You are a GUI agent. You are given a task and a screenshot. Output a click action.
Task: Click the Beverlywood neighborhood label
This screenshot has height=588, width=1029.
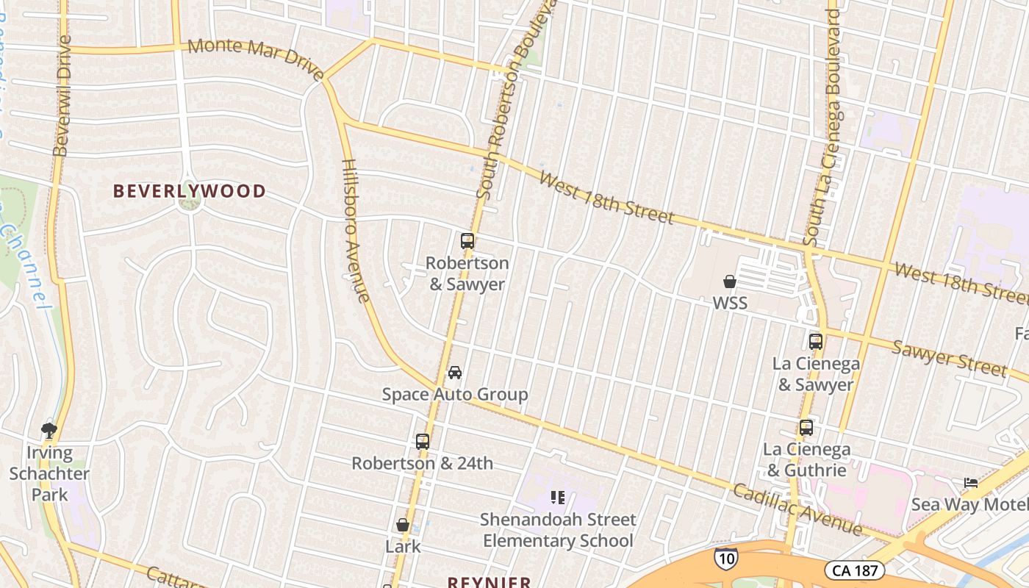(189, 191)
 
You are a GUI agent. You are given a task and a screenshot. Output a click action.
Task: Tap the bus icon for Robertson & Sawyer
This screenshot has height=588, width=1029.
(467, 240)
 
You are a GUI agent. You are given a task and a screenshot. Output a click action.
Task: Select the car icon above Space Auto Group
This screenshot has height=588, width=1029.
(455, 373)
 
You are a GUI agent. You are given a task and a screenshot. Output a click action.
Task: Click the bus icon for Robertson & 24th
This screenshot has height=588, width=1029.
(422, 442)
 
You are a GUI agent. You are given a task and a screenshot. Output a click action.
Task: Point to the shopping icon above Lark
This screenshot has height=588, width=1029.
(402, 525)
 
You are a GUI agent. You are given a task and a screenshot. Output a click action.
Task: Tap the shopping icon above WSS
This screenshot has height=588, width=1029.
(730, 282)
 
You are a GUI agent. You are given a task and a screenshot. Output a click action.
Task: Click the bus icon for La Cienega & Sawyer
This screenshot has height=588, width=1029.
(815, 342)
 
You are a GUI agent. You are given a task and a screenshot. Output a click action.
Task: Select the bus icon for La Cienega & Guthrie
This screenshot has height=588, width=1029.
(806, 428)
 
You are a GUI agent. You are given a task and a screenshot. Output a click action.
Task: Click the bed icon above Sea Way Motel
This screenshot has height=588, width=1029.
(971, 483)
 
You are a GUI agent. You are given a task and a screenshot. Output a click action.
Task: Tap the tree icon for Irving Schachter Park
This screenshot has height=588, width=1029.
(49, 429)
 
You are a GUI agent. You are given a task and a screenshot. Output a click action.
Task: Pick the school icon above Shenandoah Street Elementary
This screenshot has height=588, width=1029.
(557, 498)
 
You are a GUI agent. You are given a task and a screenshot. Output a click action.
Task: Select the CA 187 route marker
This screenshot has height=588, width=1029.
(854, 570)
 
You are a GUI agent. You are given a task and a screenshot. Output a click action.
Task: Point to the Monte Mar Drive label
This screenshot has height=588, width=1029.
(256, 58)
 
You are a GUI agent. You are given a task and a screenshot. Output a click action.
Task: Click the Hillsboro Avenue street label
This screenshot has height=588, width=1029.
(355, 231)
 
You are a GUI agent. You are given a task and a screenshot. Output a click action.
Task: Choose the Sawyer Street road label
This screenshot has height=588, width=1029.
(948, 358)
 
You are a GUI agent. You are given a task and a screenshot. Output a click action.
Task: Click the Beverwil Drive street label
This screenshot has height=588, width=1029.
(62, 96)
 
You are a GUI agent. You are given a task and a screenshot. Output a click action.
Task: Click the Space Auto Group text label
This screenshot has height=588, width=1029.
(455, 395)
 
